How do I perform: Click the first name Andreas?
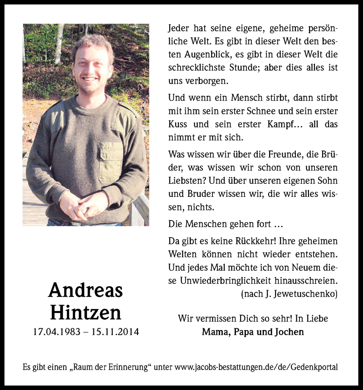[x=85, y=290]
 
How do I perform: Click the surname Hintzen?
[x=85, y=312]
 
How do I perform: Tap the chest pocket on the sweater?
[x=111, y=162]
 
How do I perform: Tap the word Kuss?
[x=178, y=125]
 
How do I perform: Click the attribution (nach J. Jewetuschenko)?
[x=289, y=294]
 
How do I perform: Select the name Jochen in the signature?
[x=288, y=332]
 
